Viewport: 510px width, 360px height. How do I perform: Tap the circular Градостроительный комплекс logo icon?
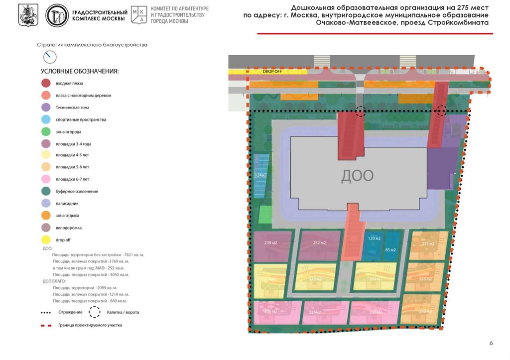click(x=57, y=15)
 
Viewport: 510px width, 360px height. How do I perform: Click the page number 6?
click(x=491, y=343)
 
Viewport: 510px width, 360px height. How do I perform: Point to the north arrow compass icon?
click(x=49, y=57)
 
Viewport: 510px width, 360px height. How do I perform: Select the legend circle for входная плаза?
click(x=46, y=83)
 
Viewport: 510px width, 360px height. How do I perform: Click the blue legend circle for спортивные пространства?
click(x=46, y=120)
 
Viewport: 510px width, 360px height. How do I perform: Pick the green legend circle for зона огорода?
click(x=46, y=131)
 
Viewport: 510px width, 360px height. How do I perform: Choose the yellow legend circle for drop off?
click(x=46, y=240)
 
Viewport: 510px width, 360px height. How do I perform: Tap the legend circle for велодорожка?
click(x=46, y=228)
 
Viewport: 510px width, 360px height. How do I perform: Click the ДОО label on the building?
click(x=357, y=175)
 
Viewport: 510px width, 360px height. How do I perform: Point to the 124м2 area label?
click(x=260, y=175)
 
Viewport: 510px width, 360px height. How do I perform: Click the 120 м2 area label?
click(x=374, y=239)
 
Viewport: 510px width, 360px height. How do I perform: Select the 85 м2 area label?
click(x=390, y=249)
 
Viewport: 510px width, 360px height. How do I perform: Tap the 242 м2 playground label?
click(x=319, y=243)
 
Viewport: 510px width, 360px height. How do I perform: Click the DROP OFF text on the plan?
click(x=272, y=72)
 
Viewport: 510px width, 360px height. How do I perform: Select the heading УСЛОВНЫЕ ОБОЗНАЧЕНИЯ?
click(x=80, y=71)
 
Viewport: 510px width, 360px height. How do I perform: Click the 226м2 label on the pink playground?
click(x=315, y=312)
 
